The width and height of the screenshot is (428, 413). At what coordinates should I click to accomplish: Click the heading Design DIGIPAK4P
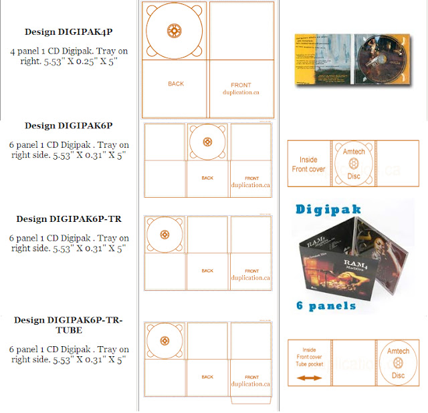(69, 31)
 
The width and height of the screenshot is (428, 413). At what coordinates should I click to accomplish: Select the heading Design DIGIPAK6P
(69, 126)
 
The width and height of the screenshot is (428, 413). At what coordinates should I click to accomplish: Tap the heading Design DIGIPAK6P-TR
(69, 219)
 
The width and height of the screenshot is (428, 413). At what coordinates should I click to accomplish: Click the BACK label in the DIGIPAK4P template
(176, 84)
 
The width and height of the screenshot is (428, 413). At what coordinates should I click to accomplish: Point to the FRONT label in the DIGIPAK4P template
(241, 86)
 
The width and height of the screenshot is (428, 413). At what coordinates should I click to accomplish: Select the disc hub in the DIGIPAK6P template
(207, 142)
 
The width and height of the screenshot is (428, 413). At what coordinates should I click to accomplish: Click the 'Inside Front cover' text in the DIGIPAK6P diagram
(308, 164)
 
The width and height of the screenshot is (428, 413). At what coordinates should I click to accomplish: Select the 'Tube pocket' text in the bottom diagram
(309, 366)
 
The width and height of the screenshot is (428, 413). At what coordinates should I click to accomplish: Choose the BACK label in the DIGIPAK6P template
(207, 178)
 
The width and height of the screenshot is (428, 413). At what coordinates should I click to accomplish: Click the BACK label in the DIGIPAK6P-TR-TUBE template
(207, 377)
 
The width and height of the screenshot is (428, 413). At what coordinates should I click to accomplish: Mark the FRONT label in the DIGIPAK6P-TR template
(251, 271)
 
